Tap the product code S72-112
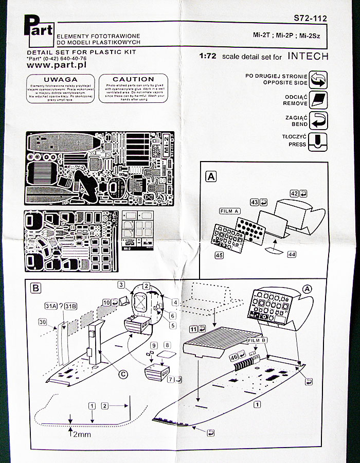pos(311,19)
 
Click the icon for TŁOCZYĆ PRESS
pos(318,140)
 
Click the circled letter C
pos(123,375)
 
